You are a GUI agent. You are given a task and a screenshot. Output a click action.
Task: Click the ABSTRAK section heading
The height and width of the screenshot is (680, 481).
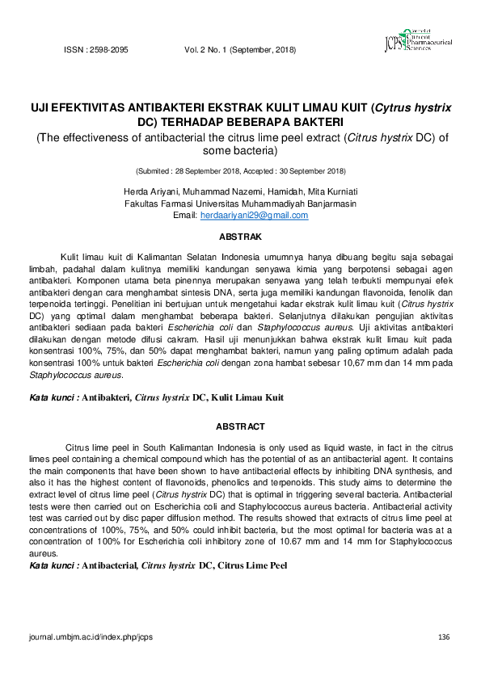pos(241,237)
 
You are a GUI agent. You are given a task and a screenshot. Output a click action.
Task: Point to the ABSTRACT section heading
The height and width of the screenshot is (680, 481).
pos(240,426)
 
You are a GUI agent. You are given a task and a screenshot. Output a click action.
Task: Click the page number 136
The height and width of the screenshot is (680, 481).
pos(443,637)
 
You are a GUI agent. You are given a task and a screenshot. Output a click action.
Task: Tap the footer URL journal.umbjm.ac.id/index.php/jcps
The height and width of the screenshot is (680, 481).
pos(91,637)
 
